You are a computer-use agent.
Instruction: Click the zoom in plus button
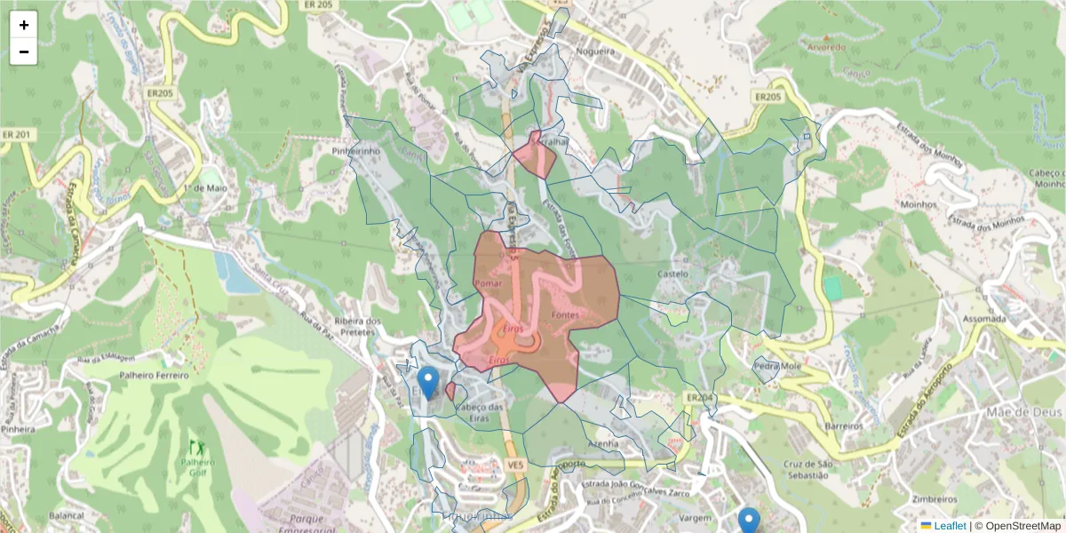[x=24, y=25]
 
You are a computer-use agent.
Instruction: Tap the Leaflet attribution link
[x=949, y=526]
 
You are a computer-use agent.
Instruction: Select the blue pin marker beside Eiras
[x=428, y=383]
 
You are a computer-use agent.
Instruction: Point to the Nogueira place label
[x=595, y=52]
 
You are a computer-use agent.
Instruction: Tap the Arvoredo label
[x=827, y=46]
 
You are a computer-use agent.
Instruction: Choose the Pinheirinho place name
[x=355, y=152]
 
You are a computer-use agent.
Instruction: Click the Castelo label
[x=672, y=274]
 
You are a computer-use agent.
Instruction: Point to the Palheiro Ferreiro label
[x=155, y=375]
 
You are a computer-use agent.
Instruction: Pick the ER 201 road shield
[x=17, y=134]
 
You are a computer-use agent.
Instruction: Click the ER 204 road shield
[x=700, y=397]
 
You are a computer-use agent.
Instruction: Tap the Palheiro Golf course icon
[x=194, y=445]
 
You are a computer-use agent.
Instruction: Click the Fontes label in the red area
[x=565, y=315]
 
